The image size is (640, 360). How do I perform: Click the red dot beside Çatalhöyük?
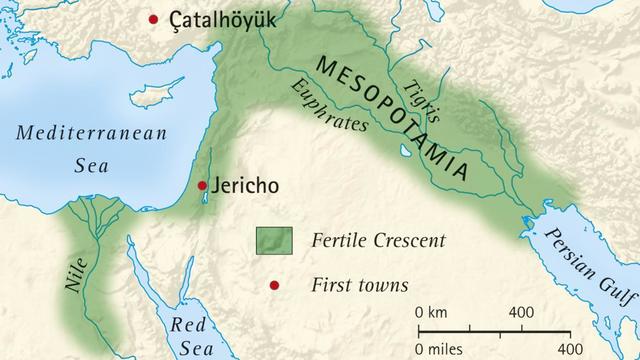coord(153,19)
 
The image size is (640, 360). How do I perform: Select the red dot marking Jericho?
coord(202,185)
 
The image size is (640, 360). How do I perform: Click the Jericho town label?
coord(244,186)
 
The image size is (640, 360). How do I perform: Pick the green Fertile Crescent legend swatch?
coord(273,240)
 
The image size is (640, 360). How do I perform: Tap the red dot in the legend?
coord(274,286)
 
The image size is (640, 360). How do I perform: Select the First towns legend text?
coord(360,286)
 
